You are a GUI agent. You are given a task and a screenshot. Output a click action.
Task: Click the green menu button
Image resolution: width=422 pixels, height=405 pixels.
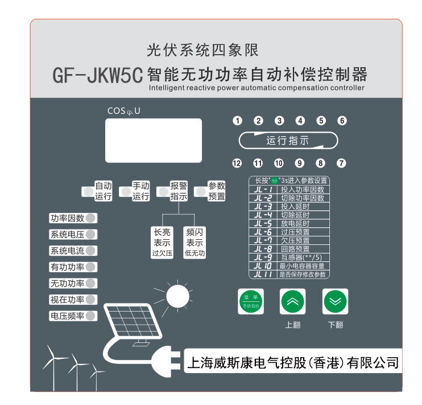click(251, 302)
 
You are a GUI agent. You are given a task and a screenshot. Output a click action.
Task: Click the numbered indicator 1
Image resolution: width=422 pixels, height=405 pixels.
click(238, 121)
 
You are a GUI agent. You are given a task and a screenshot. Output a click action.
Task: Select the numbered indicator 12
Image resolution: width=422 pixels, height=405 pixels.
click(237, 163)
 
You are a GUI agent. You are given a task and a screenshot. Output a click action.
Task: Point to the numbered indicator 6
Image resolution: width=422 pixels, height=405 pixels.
click(342, 121)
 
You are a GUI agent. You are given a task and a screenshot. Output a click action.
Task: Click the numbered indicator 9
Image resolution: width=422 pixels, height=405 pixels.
click(300, 163)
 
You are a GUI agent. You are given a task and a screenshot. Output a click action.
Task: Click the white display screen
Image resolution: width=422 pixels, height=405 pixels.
click(154, 141)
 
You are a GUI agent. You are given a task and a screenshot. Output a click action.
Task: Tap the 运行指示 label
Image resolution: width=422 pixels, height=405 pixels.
click(288, 141)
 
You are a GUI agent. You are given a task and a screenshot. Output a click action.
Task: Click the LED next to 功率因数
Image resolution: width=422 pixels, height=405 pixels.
click(91, 218)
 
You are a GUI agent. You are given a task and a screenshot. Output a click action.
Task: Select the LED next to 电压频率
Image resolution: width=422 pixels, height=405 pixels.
click(91, 316)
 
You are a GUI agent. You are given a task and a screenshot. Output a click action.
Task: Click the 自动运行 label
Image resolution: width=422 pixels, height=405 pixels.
click(103, 191)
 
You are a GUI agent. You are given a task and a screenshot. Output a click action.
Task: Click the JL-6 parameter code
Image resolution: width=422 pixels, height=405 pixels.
click(263, 232)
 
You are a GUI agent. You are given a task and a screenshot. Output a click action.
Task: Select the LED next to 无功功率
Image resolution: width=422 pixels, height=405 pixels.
click(91, 283)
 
